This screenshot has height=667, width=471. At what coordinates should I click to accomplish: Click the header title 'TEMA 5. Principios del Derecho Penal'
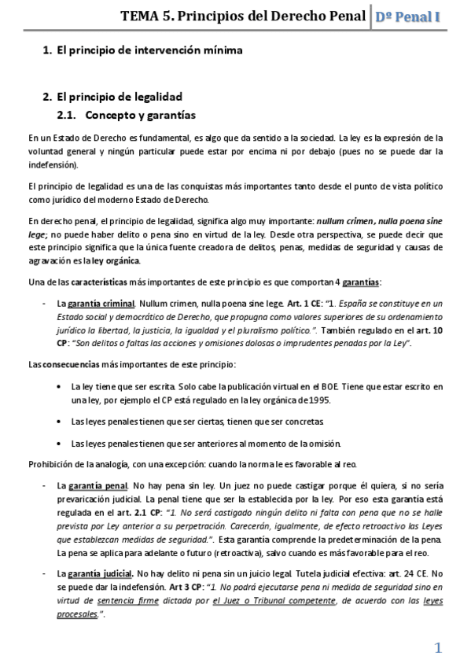(243, 16)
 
